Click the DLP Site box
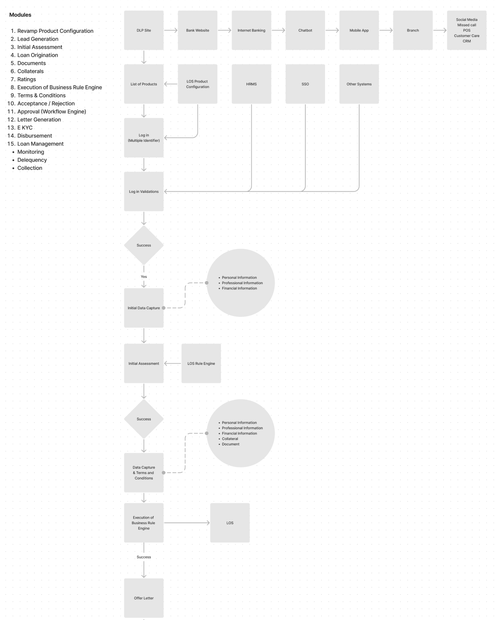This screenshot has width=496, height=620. [x=144, y=30]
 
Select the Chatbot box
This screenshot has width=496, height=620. [x=305, y=30]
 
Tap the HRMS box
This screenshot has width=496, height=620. [x=251, y=84]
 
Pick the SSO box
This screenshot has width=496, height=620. [x=305, y=84]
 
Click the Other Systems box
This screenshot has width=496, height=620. [x=359, y=84]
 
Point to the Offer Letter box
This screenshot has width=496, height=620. [x=144, y=598]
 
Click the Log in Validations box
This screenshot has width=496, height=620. [x=144, y=192]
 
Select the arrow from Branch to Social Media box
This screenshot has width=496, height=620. [x=440, y=30]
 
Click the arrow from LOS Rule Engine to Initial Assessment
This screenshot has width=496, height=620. [x=173, y=364]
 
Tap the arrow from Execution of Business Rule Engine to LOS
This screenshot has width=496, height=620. [x=187, y=523]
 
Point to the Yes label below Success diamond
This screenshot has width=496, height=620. [x=144, y=277]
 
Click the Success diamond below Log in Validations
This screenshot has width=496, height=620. [x=144, y=245]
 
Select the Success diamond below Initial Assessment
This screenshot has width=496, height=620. [x=144, y=419]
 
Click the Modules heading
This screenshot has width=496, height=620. [x=20, y=15]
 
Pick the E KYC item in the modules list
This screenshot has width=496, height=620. [x=25, y=128]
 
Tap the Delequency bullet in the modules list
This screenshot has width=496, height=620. [x=32, y=160]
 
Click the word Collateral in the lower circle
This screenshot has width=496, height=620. [x=230, y=439]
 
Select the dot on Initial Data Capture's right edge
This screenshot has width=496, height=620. [x=164, y=308]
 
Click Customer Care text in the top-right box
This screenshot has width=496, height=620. [x=466, y=36]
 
